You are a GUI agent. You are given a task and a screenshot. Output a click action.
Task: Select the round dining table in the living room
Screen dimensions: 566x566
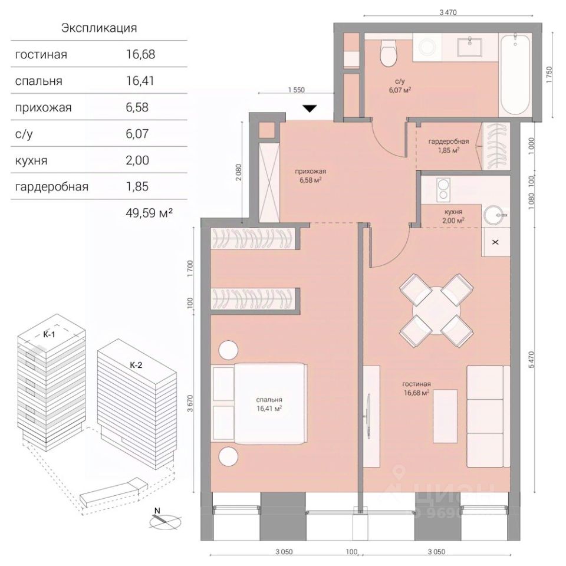pyautogui.click(x=436, y=311)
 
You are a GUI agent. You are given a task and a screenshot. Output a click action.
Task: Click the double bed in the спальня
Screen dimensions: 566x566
pyautogui.click(x=260, y=403)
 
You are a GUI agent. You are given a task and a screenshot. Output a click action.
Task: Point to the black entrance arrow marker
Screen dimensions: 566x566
pyautogui.click(x=310, y=108)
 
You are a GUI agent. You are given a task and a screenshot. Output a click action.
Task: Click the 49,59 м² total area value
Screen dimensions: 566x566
pyautogui.click(x=149, y=213)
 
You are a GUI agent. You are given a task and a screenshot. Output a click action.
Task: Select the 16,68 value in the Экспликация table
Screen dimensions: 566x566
pyautogui.click(x=140, y=54)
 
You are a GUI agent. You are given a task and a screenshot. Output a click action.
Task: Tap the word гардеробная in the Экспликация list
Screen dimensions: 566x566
pyautogui.click(x=52, y=187)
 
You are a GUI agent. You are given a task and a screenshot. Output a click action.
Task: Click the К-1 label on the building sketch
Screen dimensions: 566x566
pyautogui.click(x=49, y=335)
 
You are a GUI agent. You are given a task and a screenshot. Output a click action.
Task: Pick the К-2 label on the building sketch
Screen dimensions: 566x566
pyautogui.click(x=136, y=366)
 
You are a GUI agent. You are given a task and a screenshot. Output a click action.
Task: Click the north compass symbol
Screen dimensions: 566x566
pyautogui.click(x=165, y=520)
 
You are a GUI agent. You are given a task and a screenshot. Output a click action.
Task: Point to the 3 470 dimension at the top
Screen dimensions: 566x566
pyautogui.click(x=448, y=12)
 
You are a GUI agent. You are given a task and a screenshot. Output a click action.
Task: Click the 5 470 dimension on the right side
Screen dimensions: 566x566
pyautogui.click(x=531, y=360)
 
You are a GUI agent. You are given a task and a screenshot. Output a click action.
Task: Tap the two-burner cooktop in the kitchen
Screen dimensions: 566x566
pyautogui.click(x=443, y=190)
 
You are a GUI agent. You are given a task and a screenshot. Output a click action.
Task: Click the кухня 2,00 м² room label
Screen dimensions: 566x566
pyautogui.click(x=453, y=216)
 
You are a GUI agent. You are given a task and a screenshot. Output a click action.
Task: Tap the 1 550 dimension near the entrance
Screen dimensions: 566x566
pyautogui.click(x=296, y=90)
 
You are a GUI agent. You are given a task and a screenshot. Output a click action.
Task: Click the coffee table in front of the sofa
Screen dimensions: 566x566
pyautogui.click(x=446, y=416)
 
